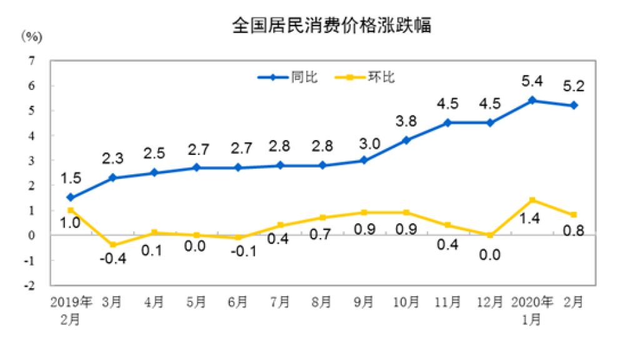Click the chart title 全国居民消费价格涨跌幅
point(331,26)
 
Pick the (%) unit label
point(32,36)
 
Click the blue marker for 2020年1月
point(532,100)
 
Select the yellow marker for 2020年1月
point(532,200)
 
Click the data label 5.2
point(573,86)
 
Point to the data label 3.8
point(406,121)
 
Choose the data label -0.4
point(113,258)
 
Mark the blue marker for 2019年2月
point(71,197)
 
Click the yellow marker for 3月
point(113,245)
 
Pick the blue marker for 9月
point(364,160)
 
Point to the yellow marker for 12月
point(490,235)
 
